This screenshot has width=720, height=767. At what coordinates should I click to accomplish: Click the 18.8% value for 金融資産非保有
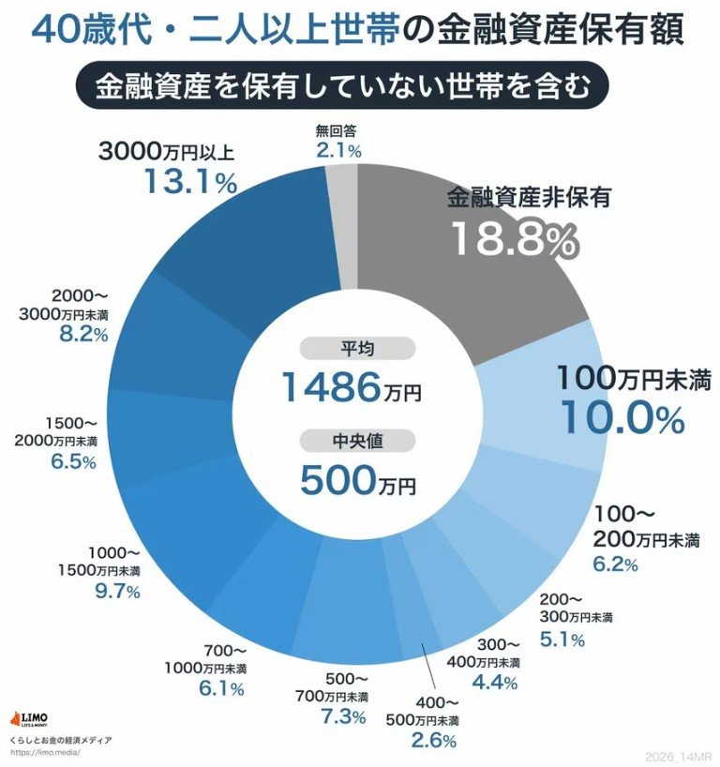[x=513, y=240]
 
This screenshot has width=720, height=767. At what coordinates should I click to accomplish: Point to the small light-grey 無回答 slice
[x=346, y=216]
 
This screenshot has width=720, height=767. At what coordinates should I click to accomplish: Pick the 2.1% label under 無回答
[x=338, y=150]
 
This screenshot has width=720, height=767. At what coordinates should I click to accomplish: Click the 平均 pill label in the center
[x=356, y=349]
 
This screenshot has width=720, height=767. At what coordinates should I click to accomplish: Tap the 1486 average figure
[x=331, y=386]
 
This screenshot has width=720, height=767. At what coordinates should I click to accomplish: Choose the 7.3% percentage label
[x=342, y=717]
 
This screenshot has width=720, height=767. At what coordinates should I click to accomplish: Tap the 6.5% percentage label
[x=72, y=461]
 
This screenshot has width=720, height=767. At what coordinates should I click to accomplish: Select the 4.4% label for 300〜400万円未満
[x=495, y=683]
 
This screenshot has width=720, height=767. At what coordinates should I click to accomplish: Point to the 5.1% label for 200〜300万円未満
[x=562, y=639]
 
